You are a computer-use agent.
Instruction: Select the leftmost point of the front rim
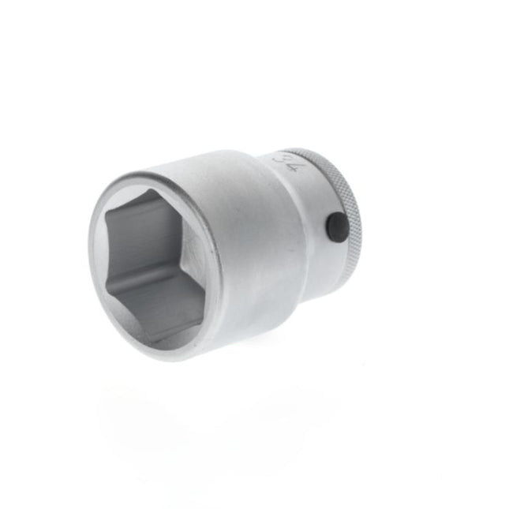point(89,253)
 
